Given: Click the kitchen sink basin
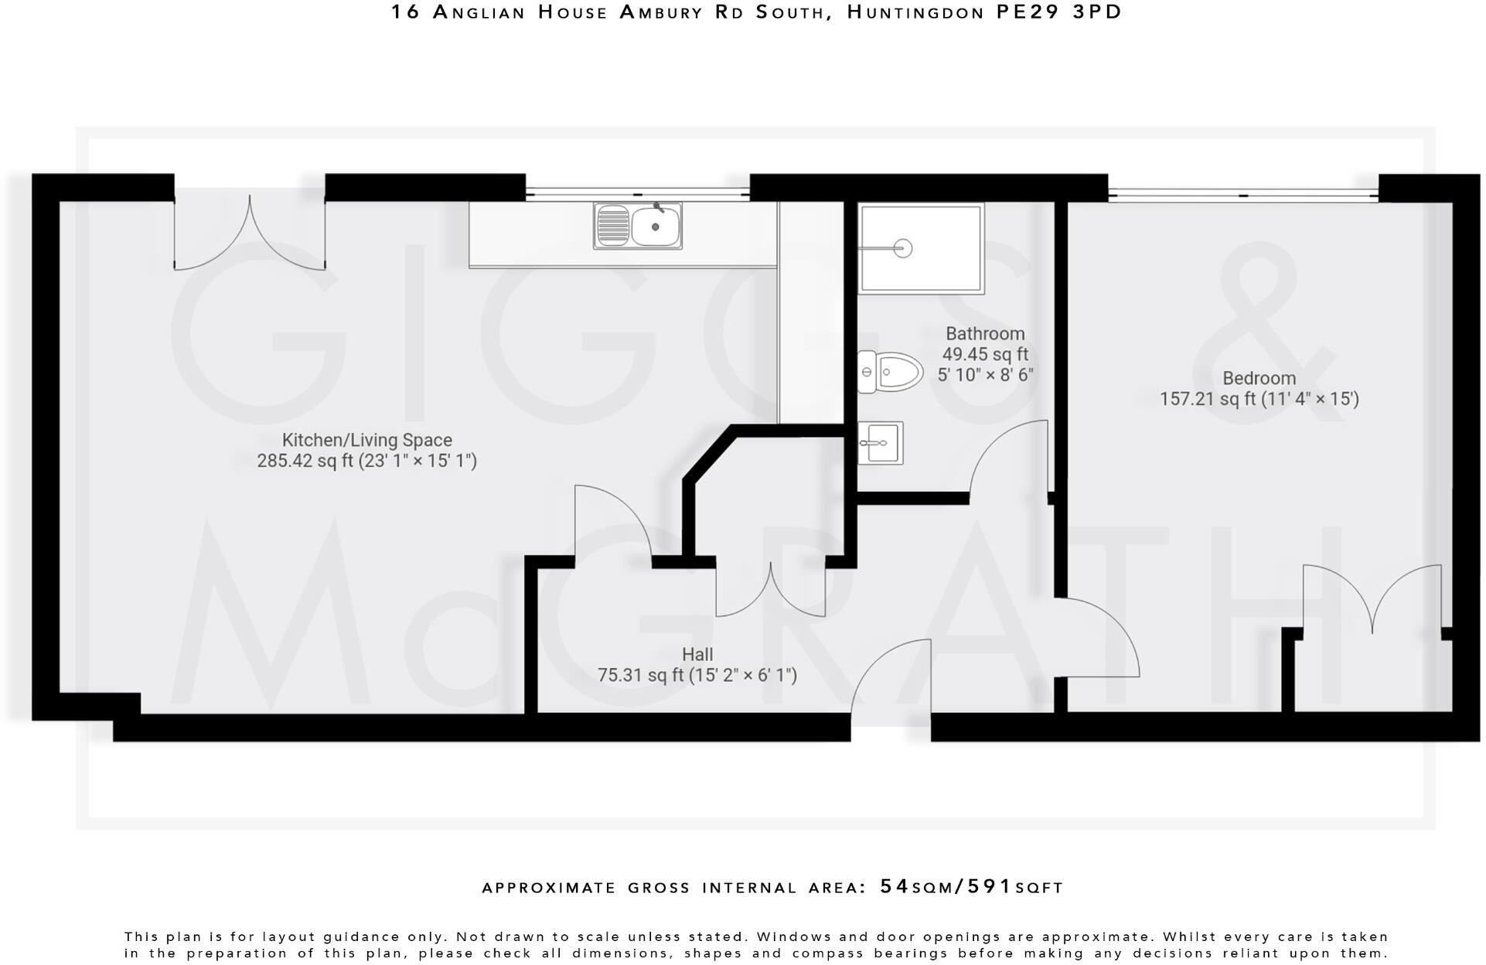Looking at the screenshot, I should point(656,227).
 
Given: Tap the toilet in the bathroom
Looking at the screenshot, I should point(891,372).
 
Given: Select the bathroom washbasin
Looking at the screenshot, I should point(880,443).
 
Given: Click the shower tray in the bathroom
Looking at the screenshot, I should point(920,248).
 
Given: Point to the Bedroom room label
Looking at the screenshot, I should point(1259,378).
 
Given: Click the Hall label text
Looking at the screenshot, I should point(697,654).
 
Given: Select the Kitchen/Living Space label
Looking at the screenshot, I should point(366,440).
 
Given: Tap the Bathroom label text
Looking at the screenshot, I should point(985,334).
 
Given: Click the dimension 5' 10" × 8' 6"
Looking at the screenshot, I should point(985,376).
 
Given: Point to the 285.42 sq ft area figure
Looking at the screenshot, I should point(305,462).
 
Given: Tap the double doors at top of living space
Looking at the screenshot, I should point(250,232).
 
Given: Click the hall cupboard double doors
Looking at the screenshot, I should point(770,592).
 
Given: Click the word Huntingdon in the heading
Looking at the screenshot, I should point(916,12).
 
